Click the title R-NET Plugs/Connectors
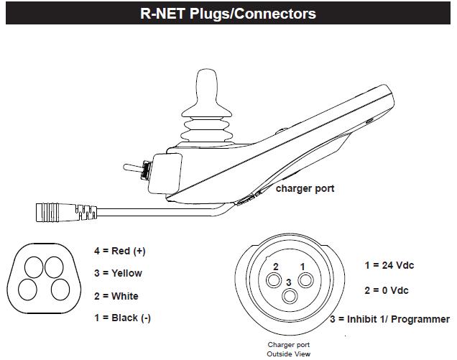[x=228, y=13]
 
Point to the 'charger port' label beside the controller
[x=305, y=190]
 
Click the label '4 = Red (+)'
[x=119, y=251]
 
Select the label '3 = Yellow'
[x=117, y=273]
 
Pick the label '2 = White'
[x=116, y=296]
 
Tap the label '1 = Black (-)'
[x=121, y=318]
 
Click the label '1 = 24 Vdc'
[x=389, y=265]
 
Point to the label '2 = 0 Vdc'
[x=386, y=292]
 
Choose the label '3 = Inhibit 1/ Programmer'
[x=389, y=319]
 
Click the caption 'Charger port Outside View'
[x=288, y=349]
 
